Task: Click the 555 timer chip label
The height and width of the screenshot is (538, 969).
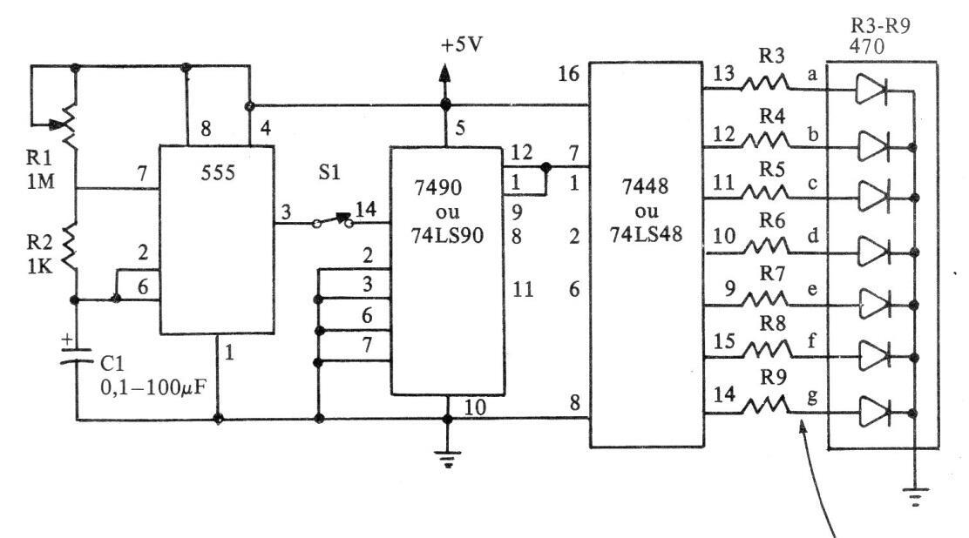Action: click(218, 172)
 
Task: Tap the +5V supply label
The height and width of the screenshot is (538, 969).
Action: click(462, 45)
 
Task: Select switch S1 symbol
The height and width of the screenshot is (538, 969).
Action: click(332, 220)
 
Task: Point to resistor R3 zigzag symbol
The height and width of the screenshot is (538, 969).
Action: click(765, 83)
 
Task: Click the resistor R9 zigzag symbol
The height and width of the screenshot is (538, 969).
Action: click(766, 405)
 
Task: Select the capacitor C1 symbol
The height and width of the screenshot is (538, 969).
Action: click(77, 356)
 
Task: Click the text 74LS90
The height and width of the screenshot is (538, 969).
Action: click(447, 235)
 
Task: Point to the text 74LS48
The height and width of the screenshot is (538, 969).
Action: click(646, 234)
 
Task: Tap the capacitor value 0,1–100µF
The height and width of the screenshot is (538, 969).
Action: click(153, 387)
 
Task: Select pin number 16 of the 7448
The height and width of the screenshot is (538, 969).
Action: click(568, 74)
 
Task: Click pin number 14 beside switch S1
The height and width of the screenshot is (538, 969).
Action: click(366, 209)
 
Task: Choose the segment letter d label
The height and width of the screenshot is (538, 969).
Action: click(813, 235)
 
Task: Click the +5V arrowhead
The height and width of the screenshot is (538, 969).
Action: click(444, 73)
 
